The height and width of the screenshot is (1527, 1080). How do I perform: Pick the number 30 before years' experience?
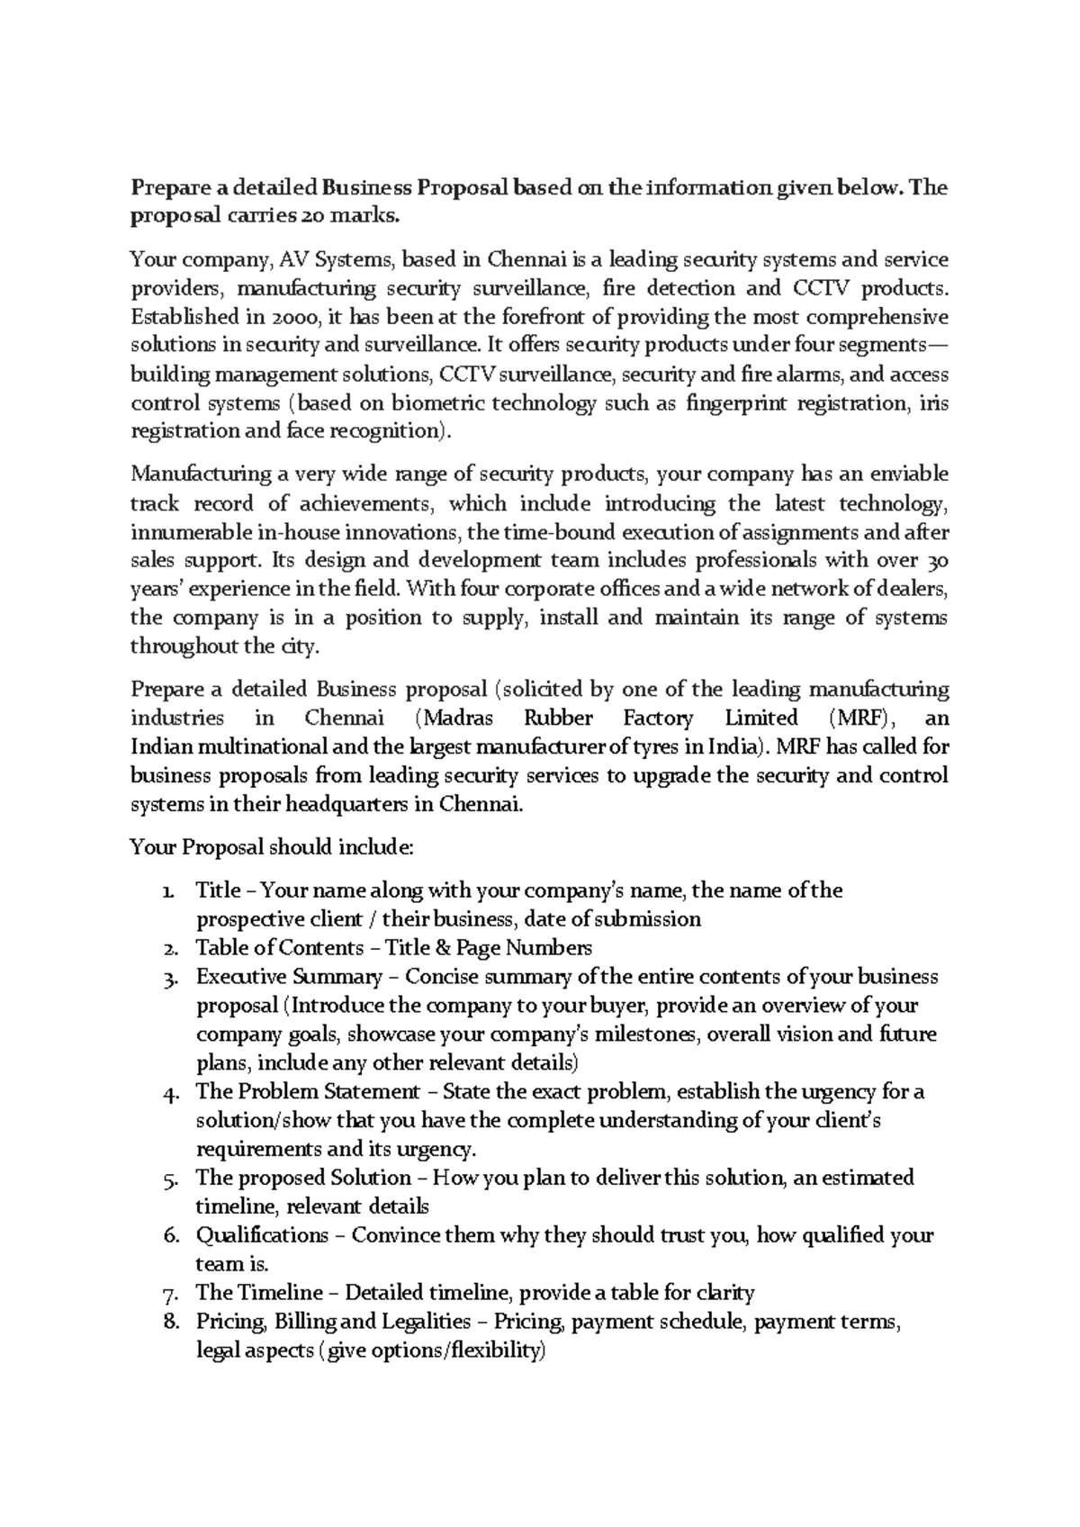click(x=937, y=560)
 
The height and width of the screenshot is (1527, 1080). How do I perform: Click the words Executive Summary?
click(x=289, y=976)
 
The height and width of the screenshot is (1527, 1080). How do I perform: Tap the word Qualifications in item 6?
click(x=261, y=1235)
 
